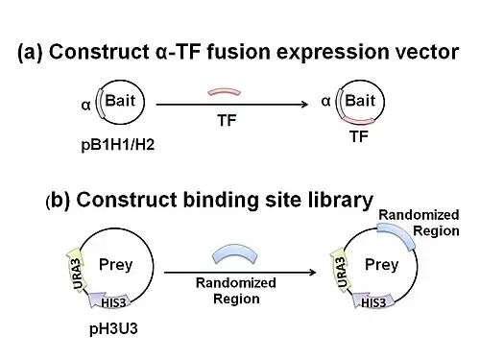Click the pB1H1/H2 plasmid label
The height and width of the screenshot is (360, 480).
click(x=118, y=145)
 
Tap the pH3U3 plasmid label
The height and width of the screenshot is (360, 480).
click(x=113, y=328)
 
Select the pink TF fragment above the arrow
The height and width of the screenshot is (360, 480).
click(x=224, y=91)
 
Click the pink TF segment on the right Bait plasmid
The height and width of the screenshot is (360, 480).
click(x=358, y=122)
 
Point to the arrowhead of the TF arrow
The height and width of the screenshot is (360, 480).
click(x=305, y=105)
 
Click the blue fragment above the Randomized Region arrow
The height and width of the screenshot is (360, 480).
click(x=235, y=252)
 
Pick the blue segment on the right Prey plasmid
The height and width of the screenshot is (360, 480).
click(x=397, y=234)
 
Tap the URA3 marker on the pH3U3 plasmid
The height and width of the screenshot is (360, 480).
click(x=76, y=271)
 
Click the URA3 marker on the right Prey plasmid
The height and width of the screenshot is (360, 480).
click(x=341, y=271)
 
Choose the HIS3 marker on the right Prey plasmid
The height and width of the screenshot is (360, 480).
click(x=373, y=300)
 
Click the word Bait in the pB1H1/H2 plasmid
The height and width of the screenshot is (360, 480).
click(x=120, y=101)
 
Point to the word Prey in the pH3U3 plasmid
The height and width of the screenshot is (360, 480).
click(x=115, y=265)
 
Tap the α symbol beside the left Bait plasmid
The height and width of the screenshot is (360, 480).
click(x=85, y=105)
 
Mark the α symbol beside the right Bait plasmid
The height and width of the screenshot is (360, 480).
click(x=325, y=101)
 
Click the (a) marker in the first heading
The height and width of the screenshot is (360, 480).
click(x=30, y=52)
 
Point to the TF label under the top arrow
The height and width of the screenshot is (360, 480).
click(x=227, y=120)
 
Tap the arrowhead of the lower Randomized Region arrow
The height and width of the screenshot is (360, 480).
click(x=313, y=273)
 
